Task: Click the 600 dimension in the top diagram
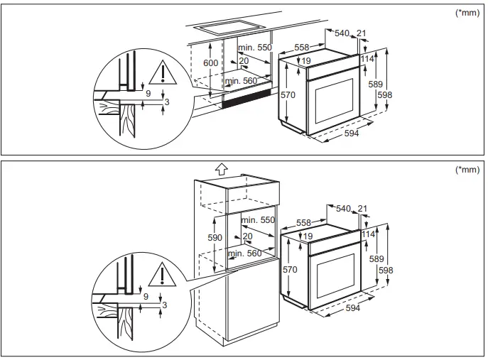[x=210, y=64]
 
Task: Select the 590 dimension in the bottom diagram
[x=215, y=238]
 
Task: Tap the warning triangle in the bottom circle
[x=166, y=274]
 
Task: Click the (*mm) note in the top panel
[x=469, y=13]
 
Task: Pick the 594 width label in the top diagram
[x=351, y=133]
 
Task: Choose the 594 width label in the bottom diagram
[x=352, y=308]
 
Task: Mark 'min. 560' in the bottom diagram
[x=244, y=253]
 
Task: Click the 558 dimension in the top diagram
[x=301, y=48]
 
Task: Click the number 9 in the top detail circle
[x=148, y=93]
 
